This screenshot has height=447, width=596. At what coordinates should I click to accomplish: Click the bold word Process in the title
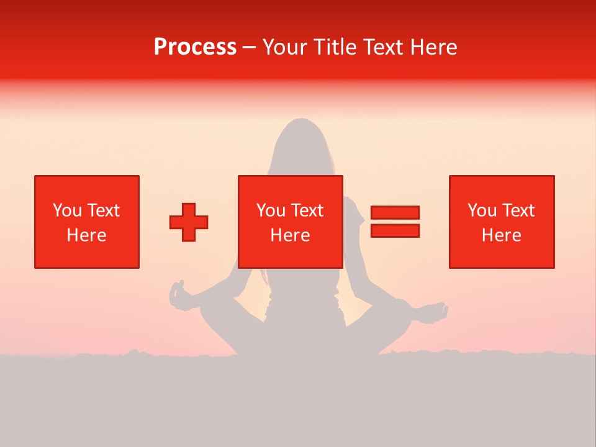(195, 47)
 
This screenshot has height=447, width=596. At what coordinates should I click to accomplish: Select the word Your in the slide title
(286, 47)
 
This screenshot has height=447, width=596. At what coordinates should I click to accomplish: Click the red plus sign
(189, 222)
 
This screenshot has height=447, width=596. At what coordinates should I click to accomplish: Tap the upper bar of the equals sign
(395, 213)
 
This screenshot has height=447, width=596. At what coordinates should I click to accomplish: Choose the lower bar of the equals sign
(395, 230)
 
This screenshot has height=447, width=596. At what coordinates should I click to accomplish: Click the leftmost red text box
(87, 222)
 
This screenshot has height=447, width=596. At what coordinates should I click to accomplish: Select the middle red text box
(291, 222)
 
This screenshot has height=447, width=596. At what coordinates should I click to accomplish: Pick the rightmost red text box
(502, 222)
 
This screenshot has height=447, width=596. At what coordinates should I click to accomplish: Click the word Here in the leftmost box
(86, 235)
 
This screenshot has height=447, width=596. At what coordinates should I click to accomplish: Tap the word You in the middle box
(271, 210)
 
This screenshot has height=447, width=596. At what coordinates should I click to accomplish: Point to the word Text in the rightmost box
(518, 210)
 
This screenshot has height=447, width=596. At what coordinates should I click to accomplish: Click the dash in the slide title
(250, 48)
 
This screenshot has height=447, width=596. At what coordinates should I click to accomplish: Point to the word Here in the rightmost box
(501, 235)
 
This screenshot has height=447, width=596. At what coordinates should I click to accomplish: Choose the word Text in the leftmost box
(104, 210)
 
